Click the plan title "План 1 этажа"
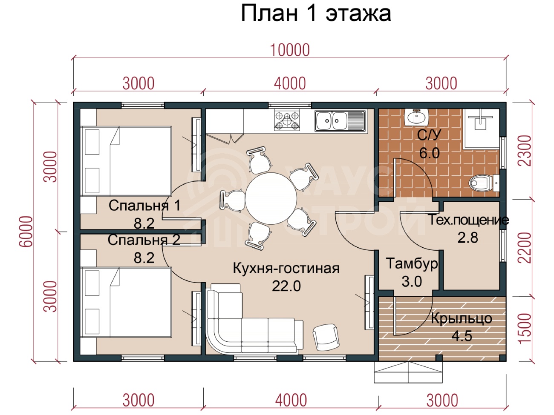(316, 14)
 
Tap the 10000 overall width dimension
(290, 50)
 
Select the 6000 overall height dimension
(26, 231)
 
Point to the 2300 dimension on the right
(525, 150)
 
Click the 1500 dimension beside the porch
(525, 328)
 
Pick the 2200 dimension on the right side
(525, 248)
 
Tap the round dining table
(271, 198)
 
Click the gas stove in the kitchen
(287, 120)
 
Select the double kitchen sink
(340, 121)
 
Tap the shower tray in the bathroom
(481, 129)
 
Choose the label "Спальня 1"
(144, 205)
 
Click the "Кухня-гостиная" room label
(286, 268)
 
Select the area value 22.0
(286, 286)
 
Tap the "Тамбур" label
(412, 264)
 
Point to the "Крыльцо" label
(462, 319)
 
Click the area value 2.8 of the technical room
(467, 238)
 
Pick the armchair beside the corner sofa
(326, 337)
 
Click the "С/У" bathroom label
(429, 135)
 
